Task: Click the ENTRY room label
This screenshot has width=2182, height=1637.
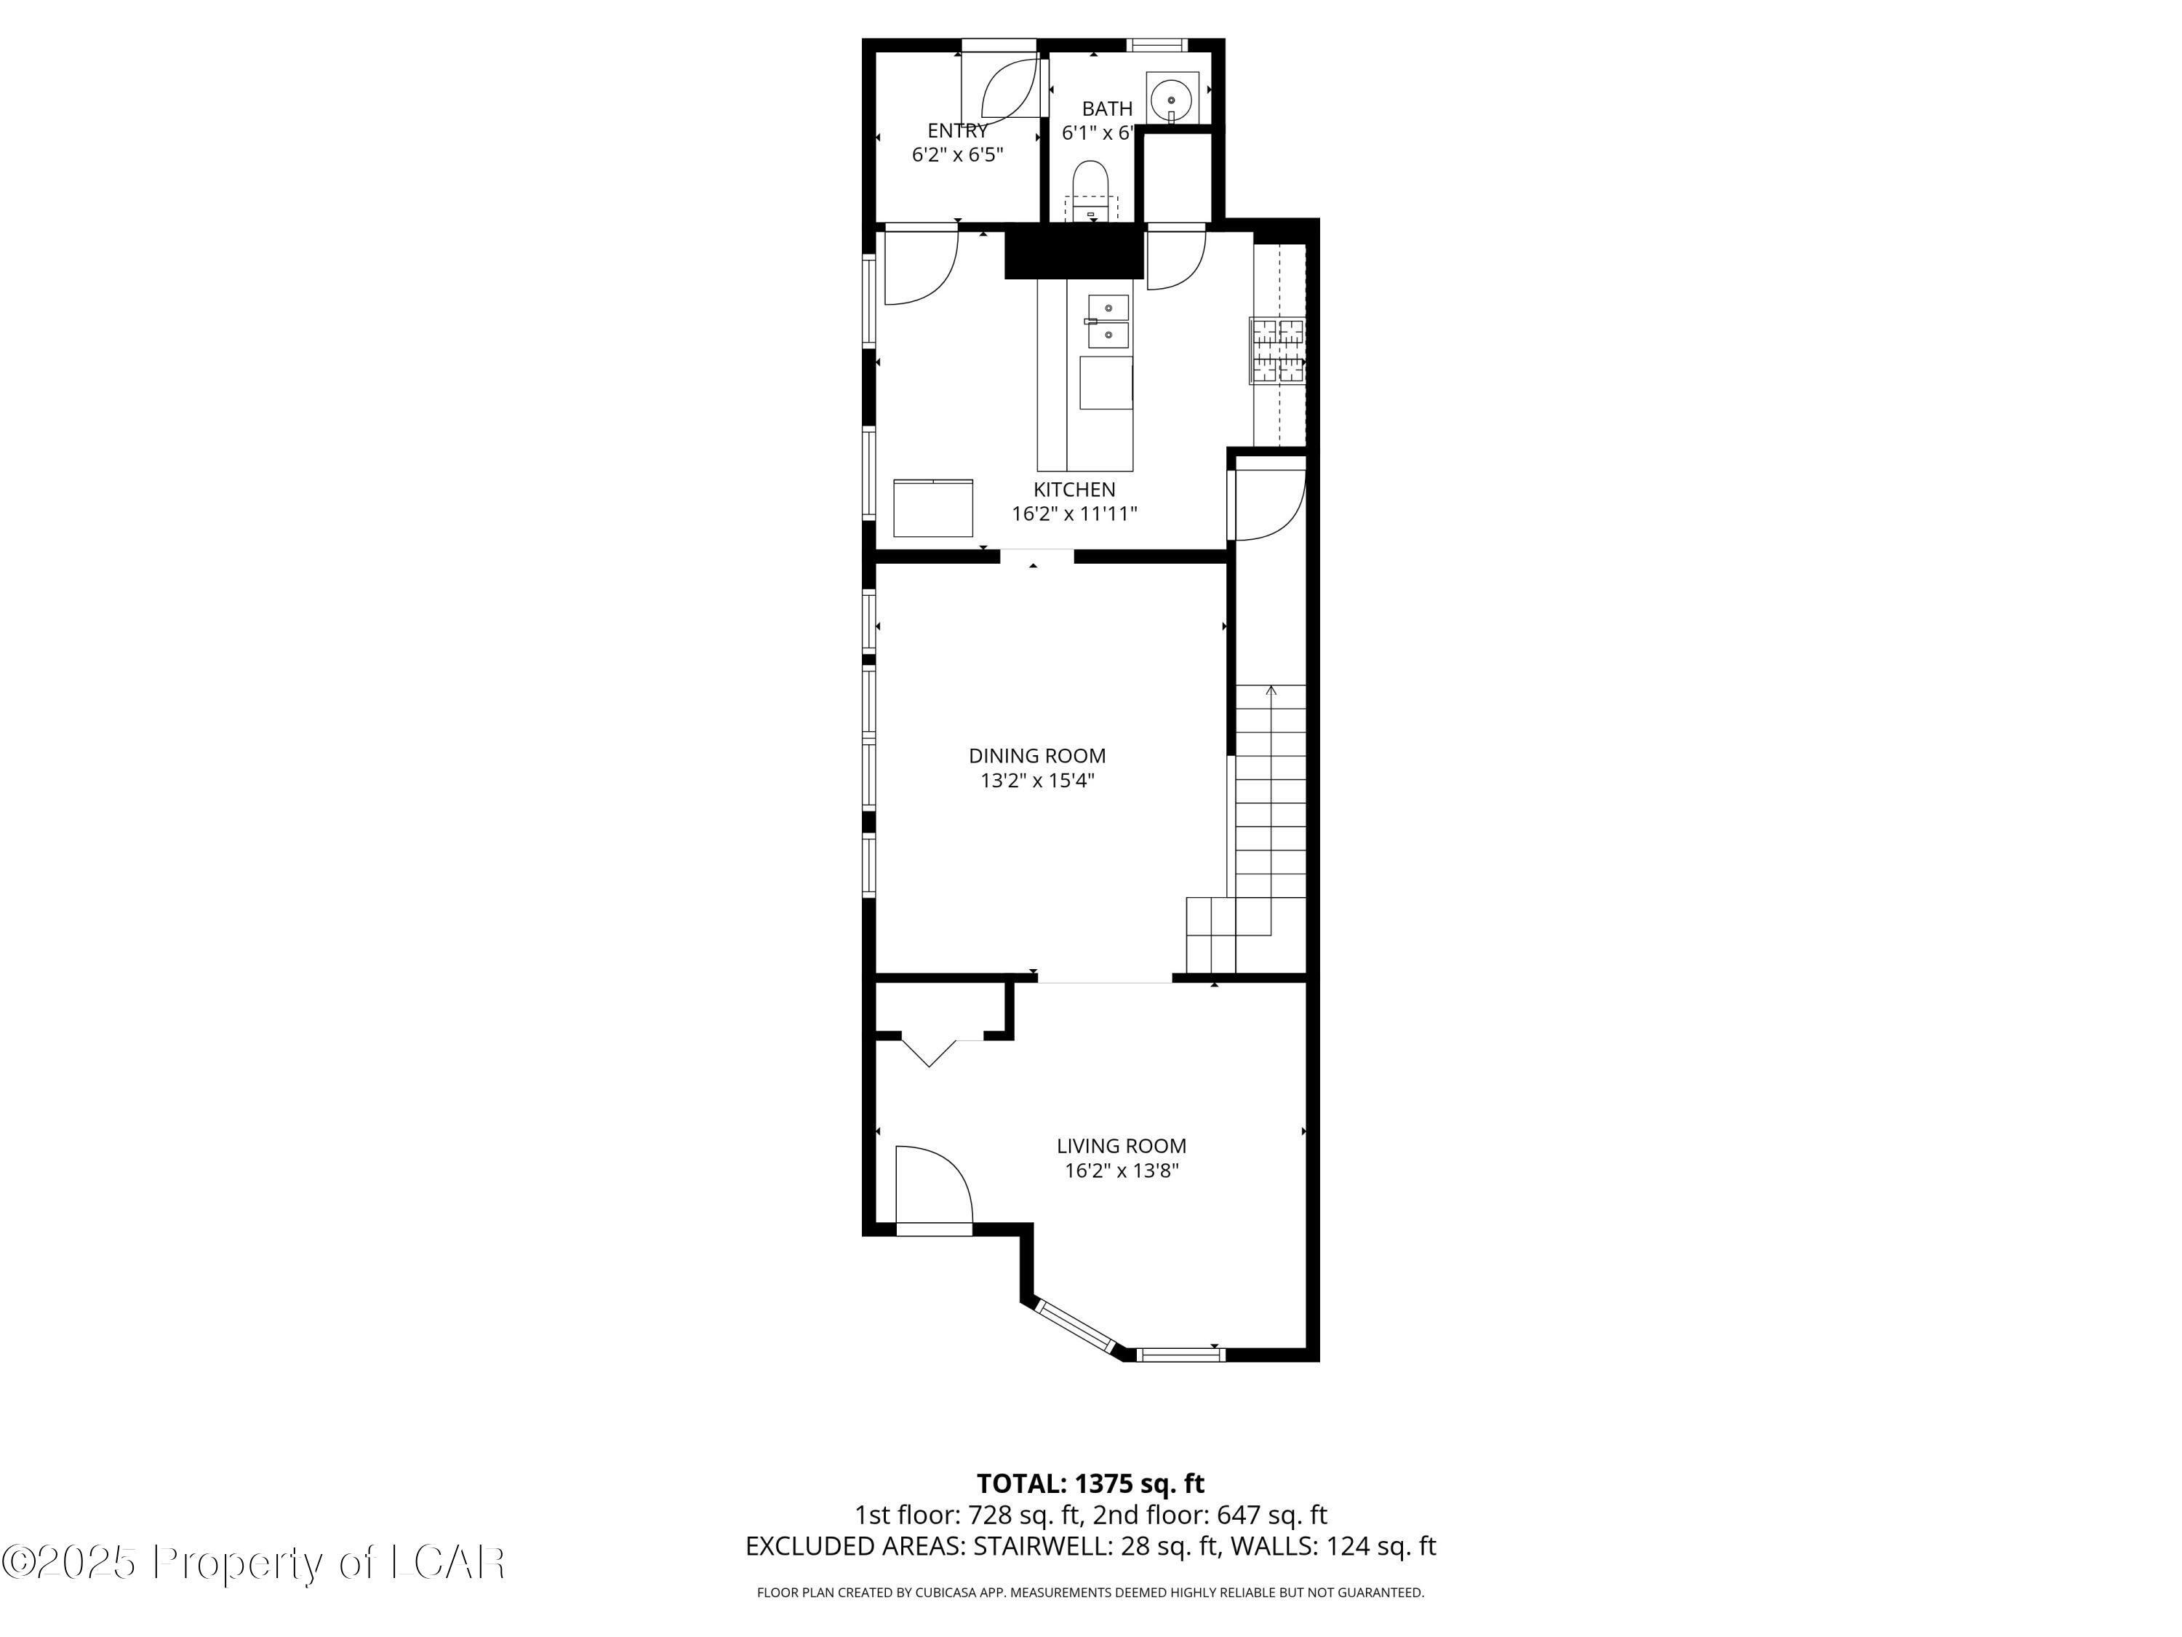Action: pos(957,131)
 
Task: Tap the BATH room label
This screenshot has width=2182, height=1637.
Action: pos(1107,108)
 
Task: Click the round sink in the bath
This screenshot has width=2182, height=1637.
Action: pos(1172,100)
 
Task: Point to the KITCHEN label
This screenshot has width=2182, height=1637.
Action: pos(1074,490)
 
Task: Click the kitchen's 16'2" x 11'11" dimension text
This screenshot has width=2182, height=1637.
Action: pos(1074,514)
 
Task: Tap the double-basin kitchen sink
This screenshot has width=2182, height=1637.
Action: pos(1108,322)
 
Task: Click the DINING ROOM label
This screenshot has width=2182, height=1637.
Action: pos(1036,756)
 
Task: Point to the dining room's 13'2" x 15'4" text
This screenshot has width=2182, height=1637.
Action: pos(1036,781)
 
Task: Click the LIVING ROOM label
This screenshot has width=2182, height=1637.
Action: pos(1122,1146)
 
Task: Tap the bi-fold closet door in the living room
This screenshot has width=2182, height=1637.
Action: pos(930,1051)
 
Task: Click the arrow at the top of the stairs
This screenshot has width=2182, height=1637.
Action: pos(1271,690)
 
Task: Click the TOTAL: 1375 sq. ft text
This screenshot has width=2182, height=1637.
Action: pos(1090,1483)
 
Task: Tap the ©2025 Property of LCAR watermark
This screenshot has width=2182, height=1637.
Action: pos(254,1562)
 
